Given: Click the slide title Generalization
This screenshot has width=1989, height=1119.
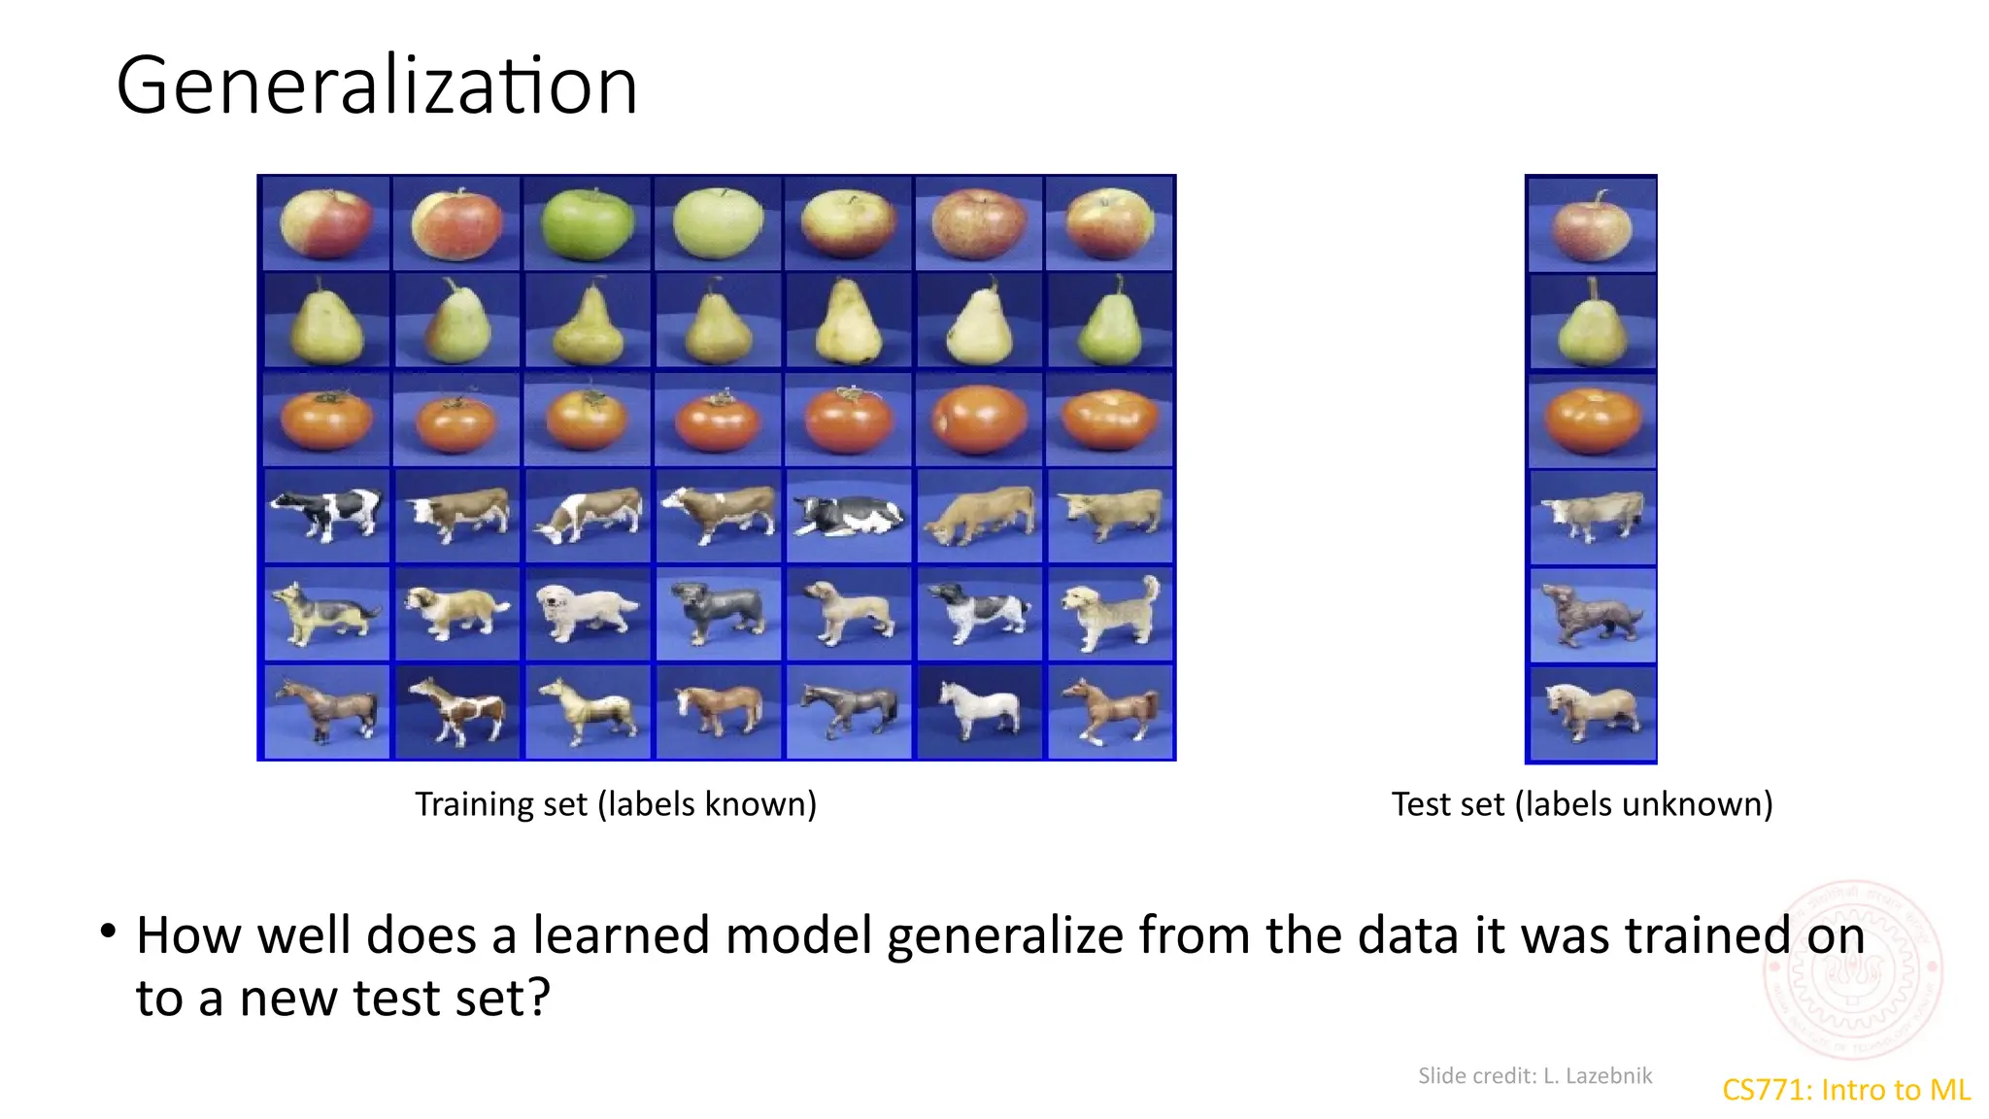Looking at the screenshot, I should pyautogui.click(x=377, y=85).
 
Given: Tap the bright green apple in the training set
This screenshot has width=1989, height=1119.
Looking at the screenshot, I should pyautogui.click(x=587, y=224).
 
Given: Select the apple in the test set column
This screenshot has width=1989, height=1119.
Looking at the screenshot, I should pyautogui.click(x=1591, y=226).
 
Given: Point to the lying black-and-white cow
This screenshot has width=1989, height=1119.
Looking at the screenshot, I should pyautogui.click(x=849, y=516).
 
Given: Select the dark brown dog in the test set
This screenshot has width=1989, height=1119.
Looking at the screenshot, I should pyautogui.click(x=1591, y=614).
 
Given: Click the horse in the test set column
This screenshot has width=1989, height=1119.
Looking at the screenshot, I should pyautogui.click(x=1591, y=713).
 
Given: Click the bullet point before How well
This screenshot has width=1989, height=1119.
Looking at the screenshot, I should pyautogui.click(x=108, y=932).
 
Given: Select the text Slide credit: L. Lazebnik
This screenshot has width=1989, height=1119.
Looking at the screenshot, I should pyautogui.click(x=1534, y=1075).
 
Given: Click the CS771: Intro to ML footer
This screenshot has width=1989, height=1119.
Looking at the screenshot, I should pyautogui.click(x=1845, y=1090).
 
